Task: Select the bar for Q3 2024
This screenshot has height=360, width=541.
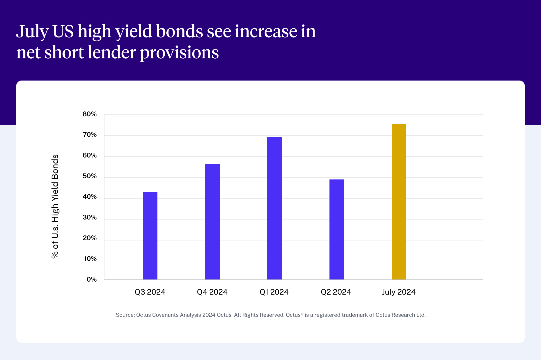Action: tap(150, 236)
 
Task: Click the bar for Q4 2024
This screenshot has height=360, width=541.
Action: tap(212, 222)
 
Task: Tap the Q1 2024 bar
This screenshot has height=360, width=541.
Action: tap(275, 208)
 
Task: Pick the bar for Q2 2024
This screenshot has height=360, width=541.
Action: tap(337, 229)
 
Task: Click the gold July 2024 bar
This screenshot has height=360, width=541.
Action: tap(399, 202)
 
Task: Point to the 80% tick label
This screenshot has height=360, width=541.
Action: tap(90, 114)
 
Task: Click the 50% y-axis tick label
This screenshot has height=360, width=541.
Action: tap(90, 176)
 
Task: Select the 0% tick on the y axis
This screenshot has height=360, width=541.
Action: tap(92, 279)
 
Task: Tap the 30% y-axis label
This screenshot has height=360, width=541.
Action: tap(90, 218)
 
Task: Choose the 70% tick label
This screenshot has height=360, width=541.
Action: tap(90, 135)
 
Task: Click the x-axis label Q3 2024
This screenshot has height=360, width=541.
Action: tap(150, 292)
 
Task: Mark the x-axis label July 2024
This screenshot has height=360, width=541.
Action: tap(399, 292)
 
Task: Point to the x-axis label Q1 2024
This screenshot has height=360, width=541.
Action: tap(274, 292)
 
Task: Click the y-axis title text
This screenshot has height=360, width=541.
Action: tap(55, 206)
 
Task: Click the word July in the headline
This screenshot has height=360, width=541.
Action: tap(32, 32)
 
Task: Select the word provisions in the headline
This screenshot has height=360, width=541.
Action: tap(179, 53)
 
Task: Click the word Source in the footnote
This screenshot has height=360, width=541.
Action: tap(125, 315)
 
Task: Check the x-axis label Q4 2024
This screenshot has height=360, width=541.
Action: tap(212, 292)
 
